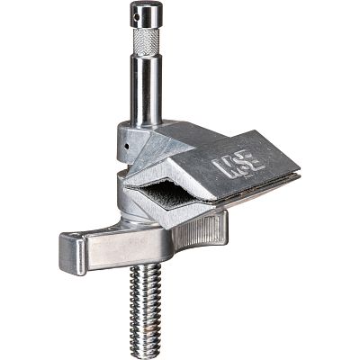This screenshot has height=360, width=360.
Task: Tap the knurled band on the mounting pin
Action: pos(146,43)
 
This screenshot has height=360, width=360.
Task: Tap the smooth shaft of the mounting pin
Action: pos(146,90)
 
